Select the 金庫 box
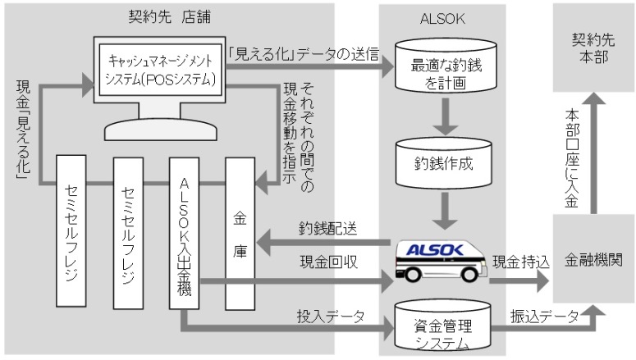pyautogui.click(x=239, y=233)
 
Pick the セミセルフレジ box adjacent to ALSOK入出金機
pyautogui.click(x=128, y=233)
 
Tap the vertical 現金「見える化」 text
pyautogui.click(x=24, y=127)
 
